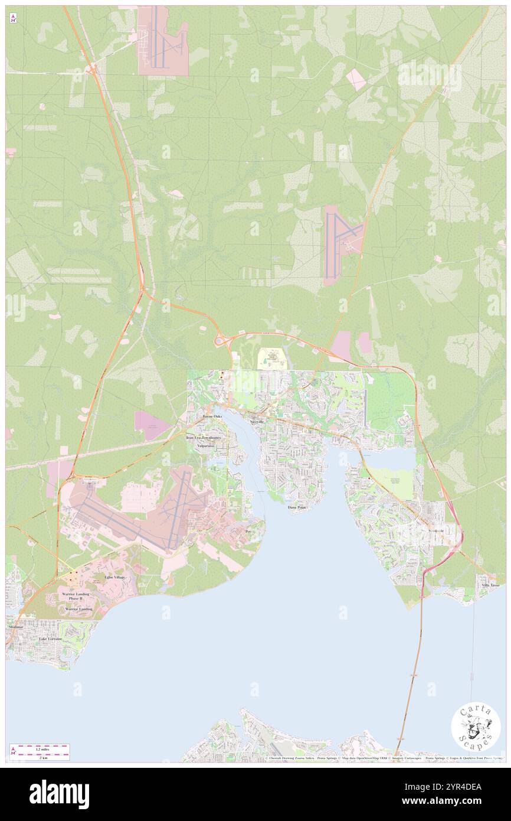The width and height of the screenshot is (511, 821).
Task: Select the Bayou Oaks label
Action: pyautogui.click(x=212, y=416)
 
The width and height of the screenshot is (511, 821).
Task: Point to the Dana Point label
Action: pyautogui.click(x=297, y=507)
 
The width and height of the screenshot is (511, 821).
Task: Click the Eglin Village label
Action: pyautogui.click(x=114, y=576)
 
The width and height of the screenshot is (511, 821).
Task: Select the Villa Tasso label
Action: pyautogui.click(x=490, y=585)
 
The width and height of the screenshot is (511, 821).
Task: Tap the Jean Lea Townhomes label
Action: pyautogui.click(x=204, y=438)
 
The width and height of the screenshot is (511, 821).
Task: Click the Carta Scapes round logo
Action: pyautogui.click(x=476, y=728)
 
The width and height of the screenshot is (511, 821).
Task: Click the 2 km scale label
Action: pyautogui.click(x=43, y=757)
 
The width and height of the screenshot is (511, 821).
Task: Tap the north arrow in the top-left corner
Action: pyautogui.click(x=13, y=18)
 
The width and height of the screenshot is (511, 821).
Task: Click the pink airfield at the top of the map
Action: pyautogui.click(x=162, y=41)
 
